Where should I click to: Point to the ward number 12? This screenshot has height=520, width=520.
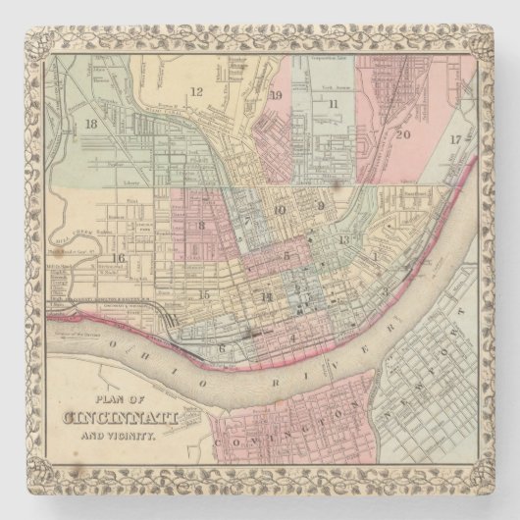(196, 91)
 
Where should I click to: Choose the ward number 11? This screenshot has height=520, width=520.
(335, 103)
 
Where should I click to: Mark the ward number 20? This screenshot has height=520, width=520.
(402, 134)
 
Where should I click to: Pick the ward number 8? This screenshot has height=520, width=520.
(201, 226)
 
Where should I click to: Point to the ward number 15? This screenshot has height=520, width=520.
(205, 293)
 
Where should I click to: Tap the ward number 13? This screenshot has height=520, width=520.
(342, 240)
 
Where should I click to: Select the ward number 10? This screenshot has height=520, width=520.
(280, 209)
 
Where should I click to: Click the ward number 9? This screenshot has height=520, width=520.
(321, 206)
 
